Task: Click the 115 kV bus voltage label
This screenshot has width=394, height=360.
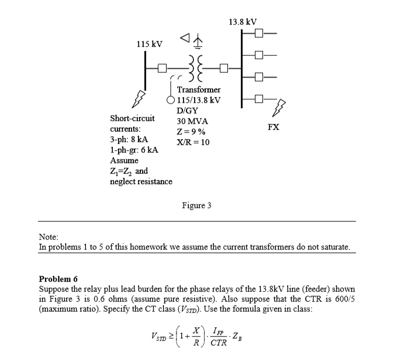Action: tap(149, 44)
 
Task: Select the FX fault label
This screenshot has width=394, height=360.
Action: tap(274, 126)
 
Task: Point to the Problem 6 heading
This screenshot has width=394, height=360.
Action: tap(58, 278)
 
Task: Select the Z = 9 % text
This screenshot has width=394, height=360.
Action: tap(192, 131)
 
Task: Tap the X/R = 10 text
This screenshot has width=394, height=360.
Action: tap(193, 142)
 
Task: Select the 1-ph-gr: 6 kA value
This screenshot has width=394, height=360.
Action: tap(134, 150)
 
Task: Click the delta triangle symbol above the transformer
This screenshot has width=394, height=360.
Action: tap(185, 39)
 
